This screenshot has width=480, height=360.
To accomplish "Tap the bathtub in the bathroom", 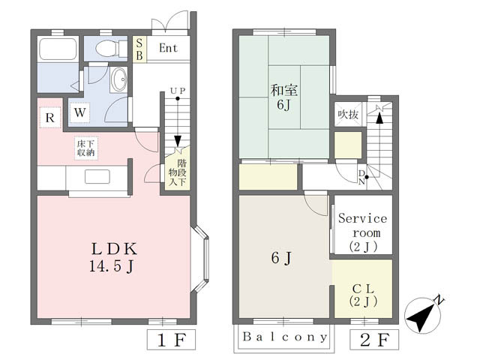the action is coord(58,49).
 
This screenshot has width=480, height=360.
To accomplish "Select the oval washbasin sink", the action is coord(118,79).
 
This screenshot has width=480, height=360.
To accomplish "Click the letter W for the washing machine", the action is coord(79,113).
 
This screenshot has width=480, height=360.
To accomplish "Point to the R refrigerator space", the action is coord(50,118).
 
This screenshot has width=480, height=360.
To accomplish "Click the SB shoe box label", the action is coord(139,49).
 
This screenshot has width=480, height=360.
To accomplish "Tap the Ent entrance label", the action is coord(168,48).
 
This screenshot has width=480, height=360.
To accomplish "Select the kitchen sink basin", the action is coord(97,177).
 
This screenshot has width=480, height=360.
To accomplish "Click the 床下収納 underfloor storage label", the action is coord(85,148).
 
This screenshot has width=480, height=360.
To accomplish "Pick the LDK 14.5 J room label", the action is coord(113,257).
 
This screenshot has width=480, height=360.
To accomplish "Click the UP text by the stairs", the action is coord(178,91).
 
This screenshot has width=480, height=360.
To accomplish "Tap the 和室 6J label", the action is coord(283,97).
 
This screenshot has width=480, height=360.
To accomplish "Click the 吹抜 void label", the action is coord(348,115).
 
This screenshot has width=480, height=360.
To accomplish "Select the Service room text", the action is coord(363,226).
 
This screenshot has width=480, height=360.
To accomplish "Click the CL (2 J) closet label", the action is coord(363,295).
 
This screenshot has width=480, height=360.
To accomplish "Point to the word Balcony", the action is coord(285,337).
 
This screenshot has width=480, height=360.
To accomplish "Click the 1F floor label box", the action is coord(172,340).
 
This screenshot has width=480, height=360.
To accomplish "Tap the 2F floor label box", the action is coord(374,340).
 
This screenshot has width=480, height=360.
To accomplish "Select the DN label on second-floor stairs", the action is coord(361,178).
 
